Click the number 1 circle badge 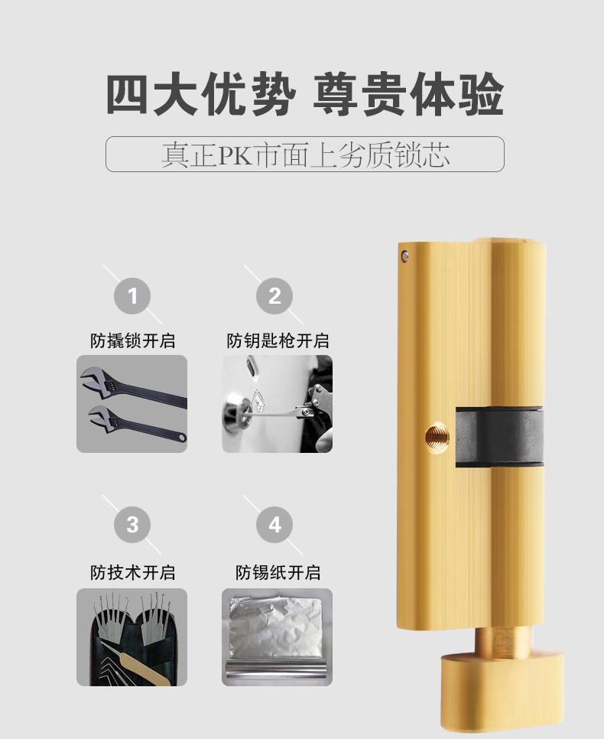coord(132,296)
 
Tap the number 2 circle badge coord(274,296)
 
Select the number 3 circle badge coord(132,525)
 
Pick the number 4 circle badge coord(274,525)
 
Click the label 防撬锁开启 coord(132,340)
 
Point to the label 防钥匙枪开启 coord(278,340)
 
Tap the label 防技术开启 coord(132,572)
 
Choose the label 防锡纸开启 coord(278,572)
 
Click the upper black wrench coord(133,386)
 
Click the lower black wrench coord(137,423)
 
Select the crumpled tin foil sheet coord(276,627)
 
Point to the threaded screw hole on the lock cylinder coord(437,437)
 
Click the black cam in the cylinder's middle coord(499,436)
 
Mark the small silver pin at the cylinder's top coord(404,256)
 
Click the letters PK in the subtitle coord(235,155)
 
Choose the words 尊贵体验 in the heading coord(408,94)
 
